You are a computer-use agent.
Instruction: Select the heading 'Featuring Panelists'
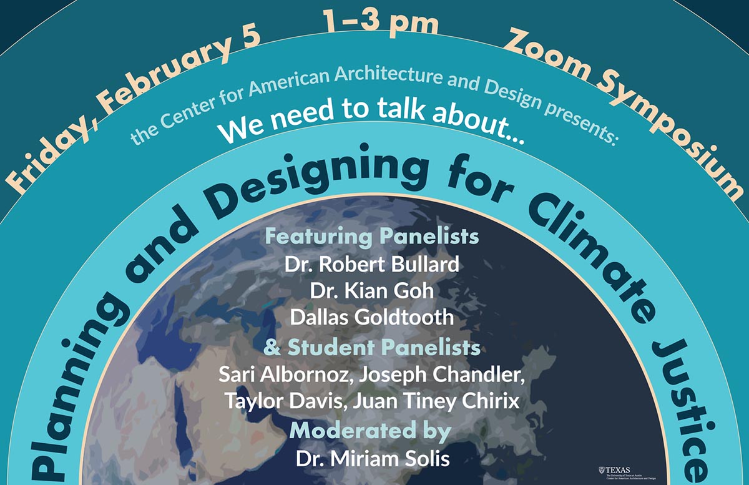[373, 237]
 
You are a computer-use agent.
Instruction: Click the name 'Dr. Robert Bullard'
[372, 264]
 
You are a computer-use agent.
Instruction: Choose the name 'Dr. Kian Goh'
[372, 290]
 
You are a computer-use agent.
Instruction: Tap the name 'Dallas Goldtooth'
[372, 316]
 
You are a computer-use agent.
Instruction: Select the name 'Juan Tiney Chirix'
[436, 401]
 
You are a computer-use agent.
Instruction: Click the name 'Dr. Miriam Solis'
[373, 460]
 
